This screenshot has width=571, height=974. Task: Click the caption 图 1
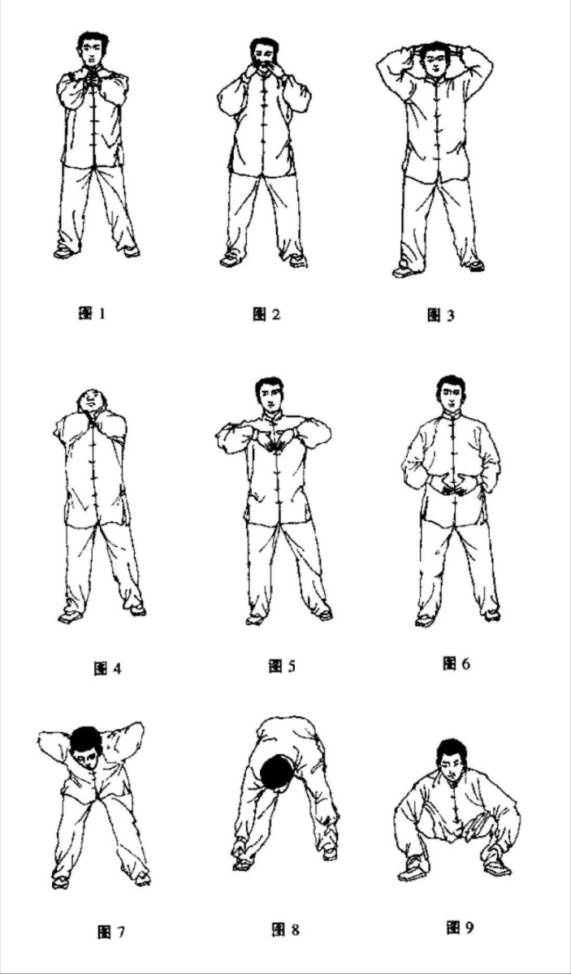[92, 313]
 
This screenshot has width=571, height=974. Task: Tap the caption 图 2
[266, 313]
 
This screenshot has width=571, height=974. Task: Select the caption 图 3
[440, 314]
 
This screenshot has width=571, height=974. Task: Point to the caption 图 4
[107, 668]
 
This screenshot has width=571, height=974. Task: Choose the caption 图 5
[282, 666]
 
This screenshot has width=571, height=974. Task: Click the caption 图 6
[456, 664]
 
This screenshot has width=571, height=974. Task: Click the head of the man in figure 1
[93, 49]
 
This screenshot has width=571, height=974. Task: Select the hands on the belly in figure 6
[453, 485]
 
